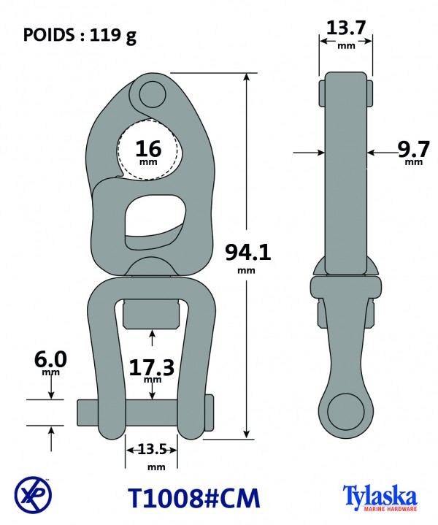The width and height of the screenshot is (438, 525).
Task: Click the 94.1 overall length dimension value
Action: click(247, 252)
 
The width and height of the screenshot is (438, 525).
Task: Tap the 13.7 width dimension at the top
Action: click(345, 28)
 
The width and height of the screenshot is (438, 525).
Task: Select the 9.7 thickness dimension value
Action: click(413, 150)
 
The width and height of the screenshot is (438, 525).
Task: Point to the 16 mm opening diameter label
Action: click(148, 153)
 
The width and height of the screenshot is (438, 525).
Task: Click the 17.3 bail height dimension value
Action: click(152, 367)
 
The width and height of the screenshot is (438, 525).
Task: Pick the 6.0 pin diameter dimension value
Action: click(50, 359)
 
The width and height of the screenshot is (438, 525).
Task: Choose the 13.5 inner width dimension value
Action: click(152, 449)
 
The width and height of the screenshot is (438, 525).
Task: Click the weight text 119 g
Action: click(113, 35)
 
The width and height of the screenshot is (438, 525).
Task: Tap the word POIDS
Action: click(49, 34)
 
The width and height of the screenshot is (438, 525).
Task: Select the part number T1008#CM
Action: click(194, 498)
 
